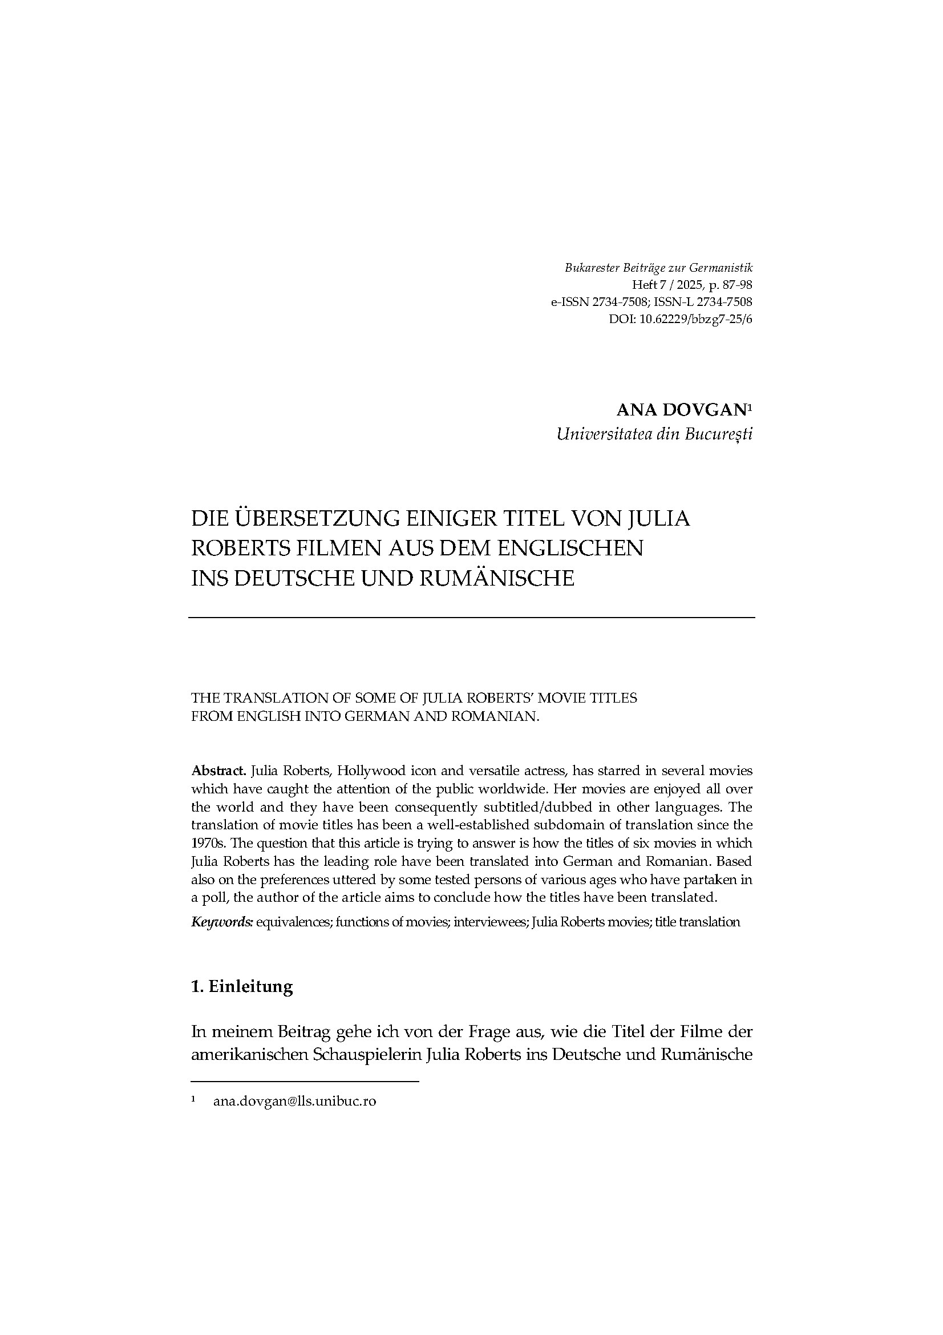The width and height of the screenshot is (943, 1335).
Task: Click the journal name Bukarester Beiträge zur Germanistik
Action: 658,268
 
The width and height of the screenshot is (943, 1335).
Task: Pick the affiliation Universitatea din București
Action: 654,434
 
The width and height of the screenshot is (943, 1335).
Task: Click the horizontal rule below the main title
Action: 471,617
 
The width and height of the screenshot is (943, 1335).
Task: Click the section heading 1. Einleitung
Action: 242,986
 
